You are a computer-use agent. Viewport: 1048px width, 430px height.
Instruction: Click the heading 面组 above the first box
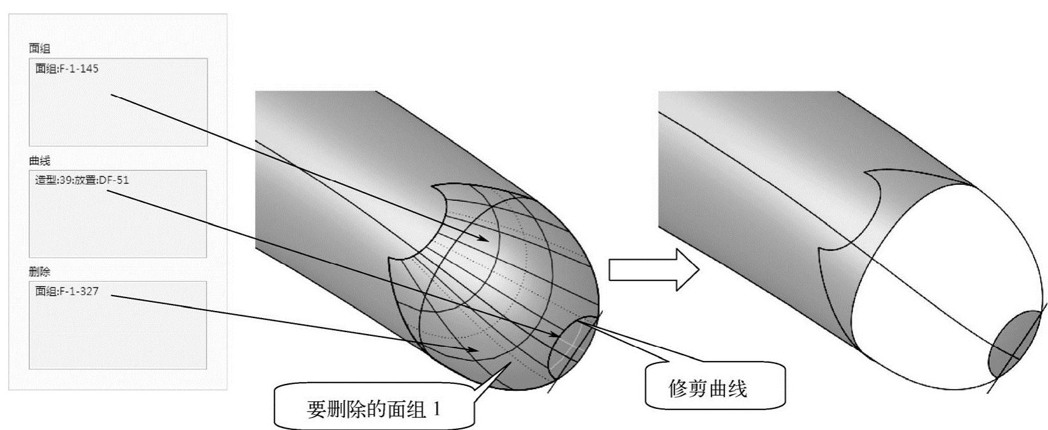click(x=39, y=48)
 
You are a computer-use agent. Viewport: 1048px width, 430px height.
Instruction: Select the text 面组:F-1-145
click(x=66, y=68)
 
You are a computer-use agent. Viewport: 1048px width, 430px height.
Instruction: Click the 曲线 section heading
click(x=39, y=161)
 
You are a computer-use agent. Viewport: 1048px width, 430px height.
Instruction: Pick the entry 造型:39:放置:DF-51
click(x=81, y=180)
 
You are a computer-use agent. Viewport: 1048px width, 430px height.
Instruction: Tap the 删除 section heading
click(x=39, y=272)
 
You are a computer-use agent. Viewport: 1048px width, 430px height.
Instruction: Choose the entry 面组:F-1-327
click(x=66, y=291)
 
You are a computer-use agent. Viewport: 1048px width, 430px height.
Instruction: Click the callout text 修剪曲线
click(x=707, y=388)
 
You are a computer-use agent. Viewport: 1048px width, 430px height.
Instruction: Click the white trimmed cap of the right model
click(x=927, y=275)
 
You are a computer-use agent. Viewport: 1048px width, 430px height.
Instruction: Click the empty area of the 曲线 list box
click(x=118, y=224)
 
